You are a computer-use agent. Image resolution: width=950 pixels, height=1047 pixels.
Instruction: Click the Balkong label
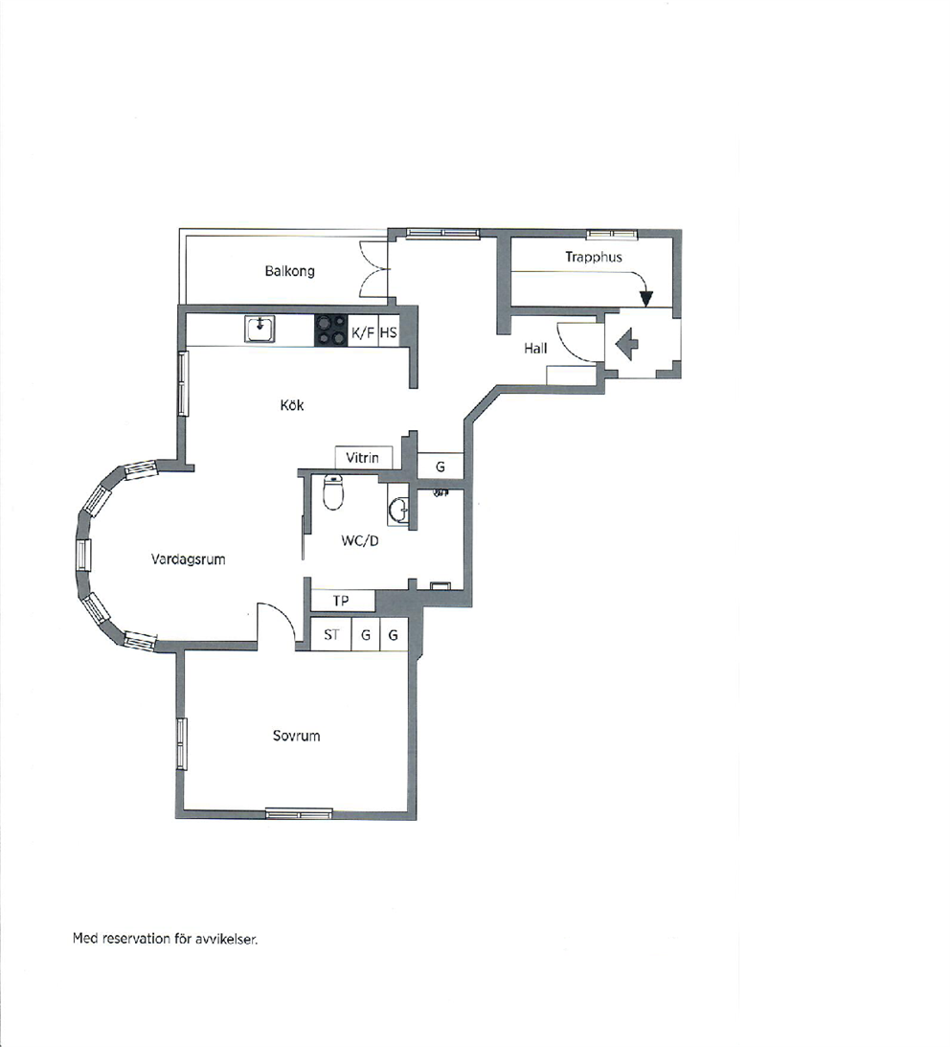coord(289,271)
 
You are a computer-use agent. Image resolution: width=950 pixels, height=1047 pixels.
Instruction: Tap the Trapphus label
coord(594,257)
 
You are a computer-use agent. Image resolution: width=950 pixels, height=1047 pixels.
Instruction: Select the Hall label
coord(535,348)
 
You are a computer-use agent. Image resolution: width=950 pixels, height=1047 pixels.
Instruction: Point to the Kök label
coord(292,404)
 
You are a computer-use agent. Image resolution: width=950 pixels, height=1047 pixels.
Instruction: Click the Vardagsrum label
coord(189,559)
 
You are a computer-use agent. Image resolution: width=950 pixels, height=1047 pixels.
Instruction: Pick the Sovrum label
coord(297,736)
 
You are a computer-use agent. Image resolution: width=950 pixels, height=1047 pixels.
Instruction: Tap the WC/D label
coord(360,541)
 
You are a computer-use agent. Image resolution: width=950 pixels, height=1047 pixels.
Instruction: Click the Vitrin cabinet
coord(363,457)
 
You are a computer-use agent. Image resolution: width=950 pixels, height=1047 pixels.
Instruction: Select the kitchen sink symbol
coord(260,329)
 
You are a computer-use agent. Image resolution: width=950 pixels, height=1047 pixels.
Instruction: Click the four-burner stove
coord(331,330)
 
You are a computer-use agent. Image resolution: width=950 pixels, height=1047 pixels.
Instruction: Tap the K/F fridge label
coord(363,332)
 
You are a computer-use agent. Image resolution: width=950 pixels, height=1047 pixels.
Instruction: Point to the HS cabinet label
coord(388,332)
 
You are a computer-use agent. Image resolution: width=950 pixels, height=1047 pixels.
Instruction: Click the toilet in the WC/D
coord(332,492)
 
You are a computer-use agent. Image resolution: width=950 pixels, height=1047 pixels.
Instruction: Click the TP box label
coord(341,601)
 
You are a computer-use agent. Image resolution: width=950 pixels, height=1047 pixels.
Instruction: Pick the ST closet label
coord(331,634)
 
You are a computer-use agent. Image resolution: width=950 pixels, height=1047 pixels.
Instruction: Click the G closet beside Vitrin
coord(440,467)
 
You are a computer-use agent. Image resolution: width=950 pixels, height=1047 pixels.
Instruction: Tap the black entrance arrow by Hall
coord(627,345)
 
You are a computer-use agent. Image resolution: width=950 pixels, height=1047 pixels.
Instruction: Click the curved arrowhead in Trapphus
coord(645,299)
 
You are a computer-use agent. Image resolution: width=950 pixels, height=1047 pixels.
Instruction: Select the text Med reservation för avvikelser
coord(165,939)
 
